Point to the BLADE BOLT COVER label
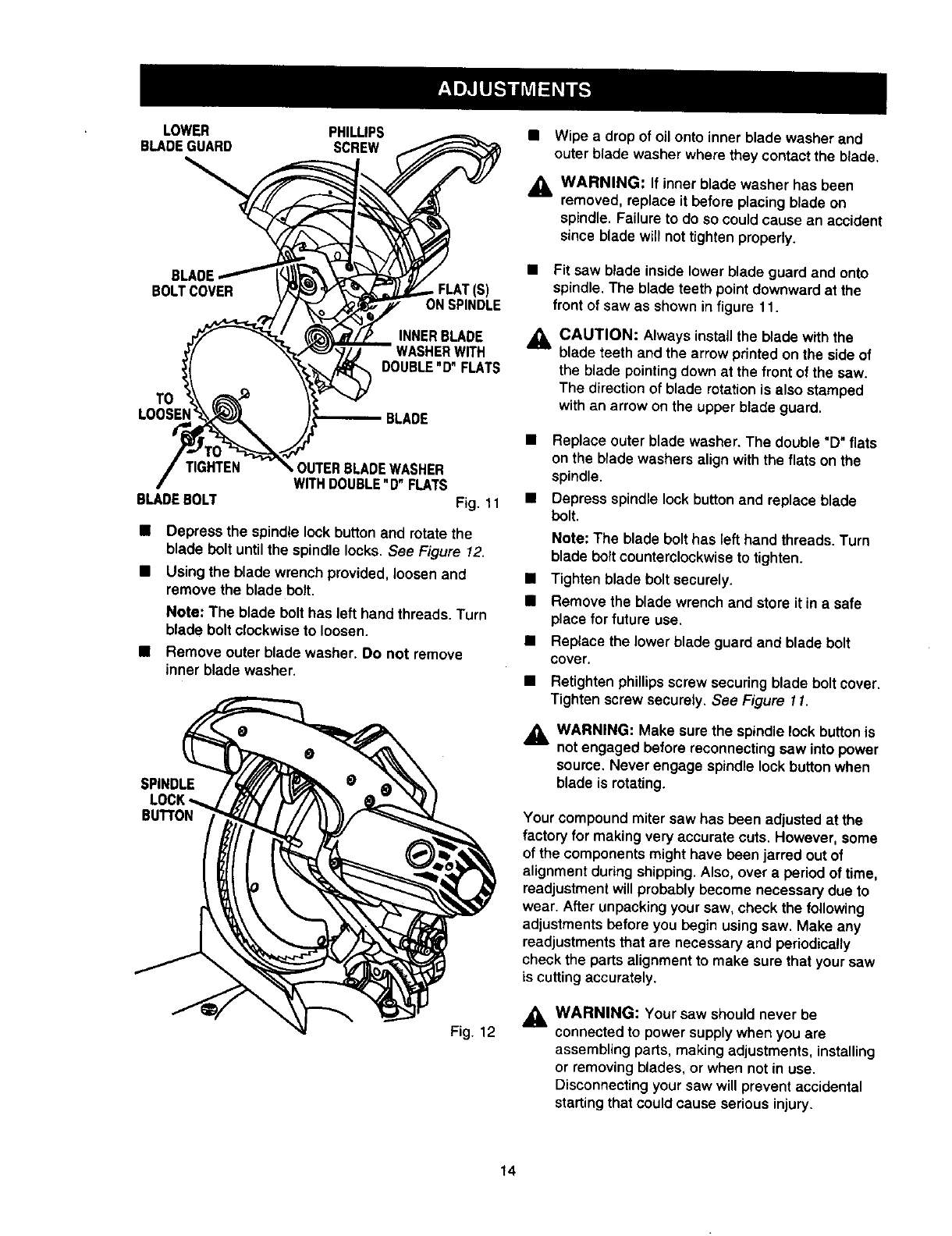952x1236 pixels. tap(194, 284)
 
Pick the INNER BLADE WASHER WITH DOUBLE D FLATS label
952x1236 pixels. tap(440, 352)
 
